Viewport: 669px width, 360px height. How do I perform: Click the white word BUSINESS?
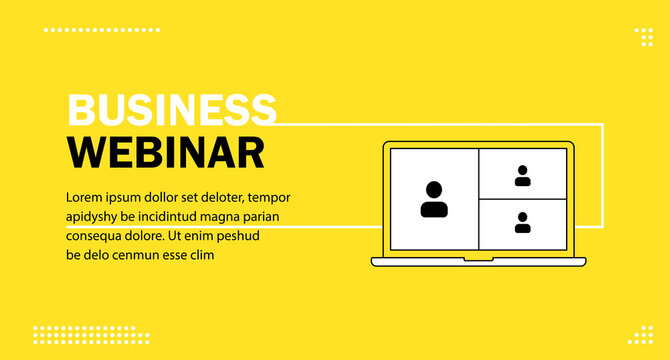coord(171,109)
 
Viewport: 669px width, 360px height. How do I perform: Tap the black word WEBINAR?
coord(166,152)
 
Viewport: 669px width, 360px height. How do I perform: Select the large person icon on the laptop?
coord(434,199)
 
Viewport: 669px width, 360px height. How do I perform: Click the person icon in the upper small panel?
coord(523,176)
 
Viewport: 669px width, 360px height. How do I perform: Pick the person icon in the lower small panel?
coord(523,222)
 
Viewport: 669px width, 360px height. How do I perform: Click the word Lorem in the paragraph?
coord(85,197)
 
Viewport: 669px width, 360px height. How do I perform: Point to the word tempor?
coord(270,197)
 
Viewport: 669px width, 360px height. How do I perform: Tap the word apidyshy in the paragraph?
coord(92,217)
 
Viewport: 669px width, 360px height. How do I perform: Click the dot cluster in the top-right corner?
coord(644,37)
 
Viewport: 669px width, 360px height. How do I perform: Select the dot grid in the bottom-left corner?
coord(91,335)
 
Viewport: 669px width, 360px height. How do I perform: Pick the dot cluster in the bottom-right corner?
coord(644,335)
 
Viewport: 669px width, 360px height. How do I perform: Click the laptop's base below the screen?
coord(478,261)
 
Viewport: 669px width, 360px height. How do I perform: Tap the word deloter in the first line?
coord(218,197)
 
